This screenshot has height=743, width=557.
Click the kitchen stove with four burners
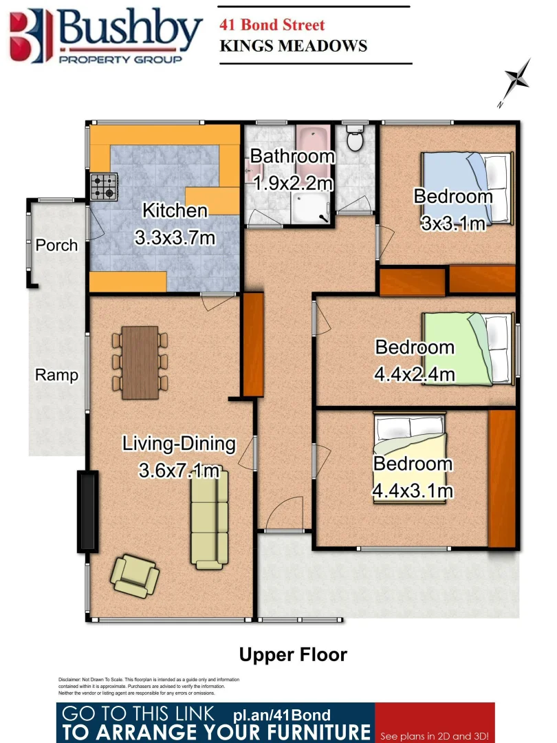click(x=104, y=186)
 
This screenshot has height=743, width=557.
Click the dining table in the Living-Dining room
click(x=140, y=362)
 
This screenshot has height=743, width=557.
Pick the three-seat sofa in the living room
click(x=210, y=522)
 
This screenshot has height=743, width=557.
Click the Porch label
click(x=56, y=245)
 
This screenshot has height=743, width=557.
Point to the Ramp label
click(x=56, y=375)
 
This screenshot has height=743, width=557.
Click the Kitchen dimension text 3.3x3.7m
click(x=175, y=238)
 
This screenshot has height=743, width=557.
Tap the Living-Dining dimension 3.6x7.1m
click(x=179, y=471)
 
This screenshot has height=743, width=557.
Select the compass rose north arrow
click(x=517, y=82)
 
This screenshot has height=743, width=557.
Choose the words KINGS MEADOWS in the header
click(x=293, y=47)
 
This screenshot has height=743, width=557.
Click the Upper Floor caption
click(x=293, y=654)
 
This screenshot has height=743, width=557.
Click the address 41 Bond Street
click(x=272, y=25)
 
